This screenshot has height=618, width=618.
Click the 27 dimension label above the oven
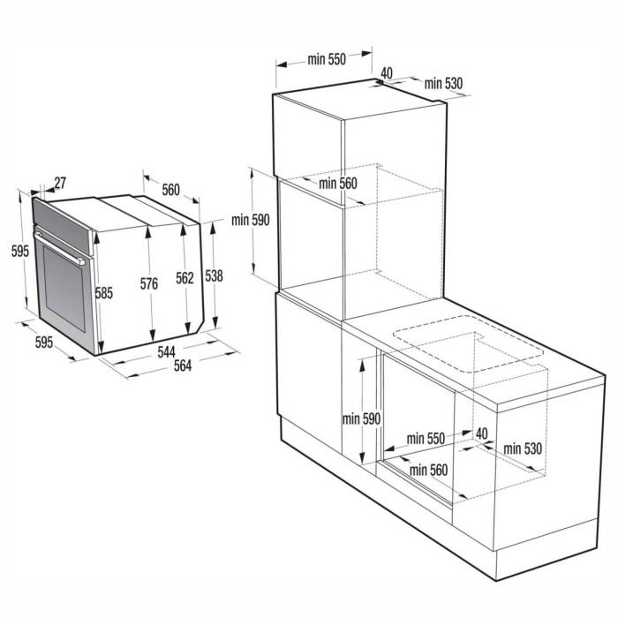[x=60, y=184]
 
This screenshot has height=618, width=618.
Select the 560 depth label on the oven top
[x=170, y=190]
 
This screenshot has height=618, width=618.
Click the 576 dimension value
[x=148, y=283]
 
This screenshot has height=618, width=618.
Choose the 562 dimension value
[x=185, y=278]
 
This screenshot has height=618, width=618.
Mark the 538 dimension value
[x=214, y=275]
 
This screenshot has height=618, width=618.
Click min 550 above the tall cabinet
[x=326, y=60]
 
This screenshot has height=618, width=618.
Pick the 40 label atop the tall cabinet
[x=387, y=73]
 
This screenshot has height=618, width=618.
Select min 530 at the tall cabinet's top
[x=442, y=83]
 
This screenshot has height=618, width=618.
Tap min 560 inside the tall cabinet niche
[x=337, y=184]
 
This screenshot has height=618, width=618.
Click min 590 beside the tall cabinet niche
[x=251, y=220]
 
